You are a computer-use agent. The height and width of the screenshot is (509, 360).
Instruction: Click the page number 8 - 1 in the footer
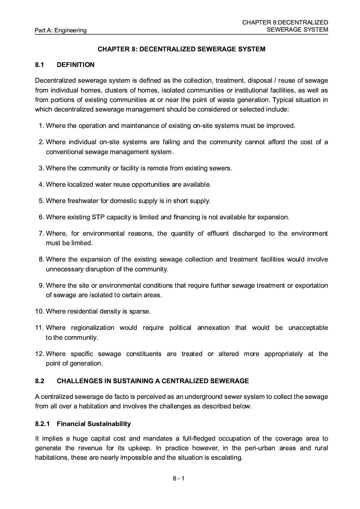tap(178, 478)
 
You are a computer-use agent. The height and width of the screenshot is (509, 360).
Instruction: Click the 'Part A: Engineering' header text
tap(61, 30)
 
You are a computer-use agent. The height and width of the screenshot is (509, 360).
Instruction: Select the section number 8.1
tap(39, 65)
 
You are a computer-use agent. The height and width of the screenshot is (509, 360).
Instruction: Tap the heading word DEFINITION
tap(76, 65)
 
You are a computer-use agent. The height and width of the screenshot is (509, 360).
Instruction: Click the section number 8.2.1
tap(43, 424)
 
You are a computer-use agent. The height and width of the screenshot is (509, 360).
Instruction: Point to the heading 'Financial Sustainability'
tap(94, 424)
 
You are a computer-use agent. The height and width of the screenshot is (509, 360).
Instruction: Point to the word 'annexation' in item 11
tap(213, 327)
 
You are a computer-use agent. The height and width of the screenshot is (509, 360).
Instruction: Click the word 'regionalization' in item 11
tap(93, 327)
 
